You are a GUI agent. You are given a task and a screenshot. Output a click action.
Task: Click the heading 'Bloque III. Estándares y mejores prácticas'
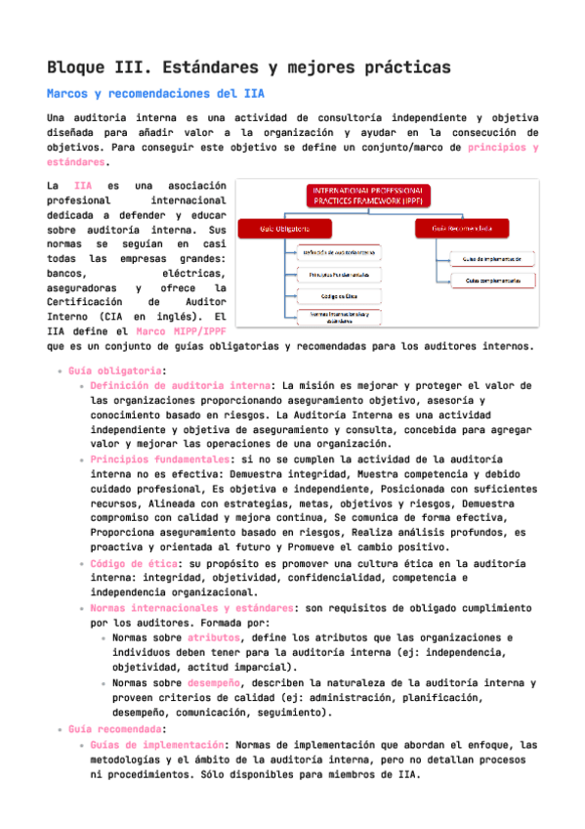pyautogui.click(x=248, y=67)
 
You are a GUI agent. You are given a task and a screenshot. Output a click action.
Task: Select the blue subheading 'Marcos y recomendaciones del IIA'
pyautogui.click(x=155, y=94)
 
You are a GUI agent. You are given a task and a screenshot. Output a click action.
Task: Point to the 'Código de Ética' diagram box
pyautogui.click(x=338, y=295)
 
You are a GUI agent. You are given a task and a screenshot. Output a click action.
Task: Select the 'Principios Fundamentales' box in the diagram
pyautogui.click(x=338, y=274)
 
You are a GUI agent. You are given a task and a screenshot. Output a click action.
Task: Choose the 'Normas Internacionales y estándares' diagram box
pyautogui.click(x=338, y=317)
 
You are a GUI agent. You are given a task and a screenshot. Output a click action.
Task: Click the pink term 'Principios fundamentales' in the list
pyautogui.click(x=160, y=458)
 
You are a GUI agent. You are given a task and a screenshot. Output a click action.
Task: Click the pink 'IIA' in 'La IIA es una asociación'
pyautogui.click(x=83, y=185)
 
